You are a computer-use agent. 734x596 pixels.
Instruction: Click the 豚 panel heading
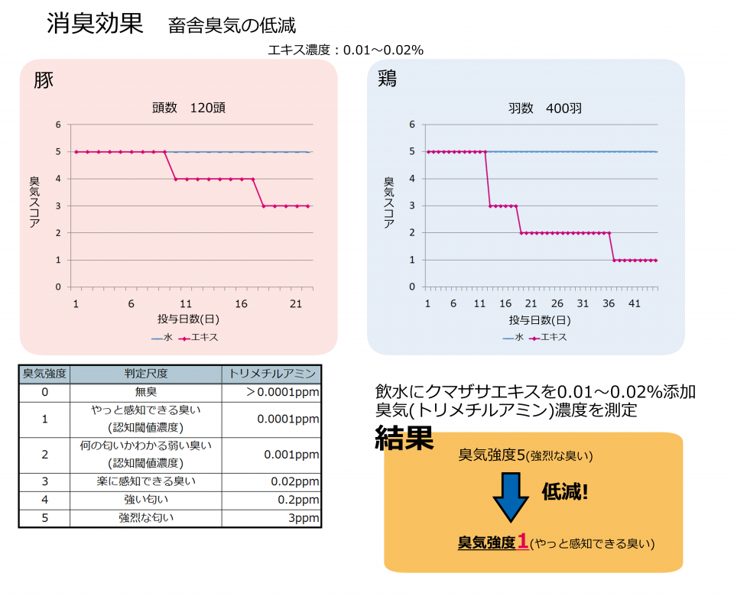point(44,80)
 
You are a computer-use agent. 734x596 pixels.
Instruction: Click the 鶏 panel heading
point(387,79)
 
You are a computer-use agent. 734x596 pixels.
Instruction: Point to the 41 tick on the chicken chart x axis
point(635,303)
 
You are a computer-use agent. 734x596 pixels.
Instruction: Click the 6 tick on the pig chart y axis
point(58,125)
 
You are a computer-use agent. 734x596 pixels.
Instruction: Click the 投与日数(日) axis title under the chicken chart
point(540,319)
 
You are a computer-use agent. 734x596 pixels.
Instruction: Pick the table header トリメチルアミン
point(272,374)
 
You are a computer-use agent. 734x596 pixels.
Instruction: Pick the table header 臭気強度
point(44,374)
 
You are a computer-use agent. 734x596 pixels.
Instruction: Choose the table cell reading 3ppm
point(304,518)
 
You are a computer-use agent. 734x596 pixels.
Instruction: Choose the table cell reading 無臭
point(146,392)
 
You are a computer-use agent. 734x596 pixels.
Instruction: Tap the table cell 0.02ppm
point(294,482)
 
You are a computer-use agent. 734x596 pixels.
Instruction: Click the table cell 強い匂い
point(146,500)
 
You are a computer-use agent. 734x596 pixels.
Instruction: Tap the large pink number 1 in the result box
point(523,542)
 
